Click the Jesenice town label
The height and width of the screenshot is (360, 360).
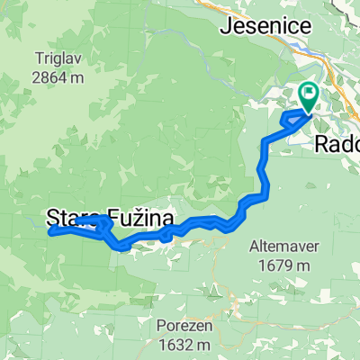point(265,26)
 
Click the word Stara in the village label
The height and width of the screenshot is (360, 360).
point(69,216)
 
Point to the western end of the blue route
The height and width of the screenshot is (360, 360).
point(49,231)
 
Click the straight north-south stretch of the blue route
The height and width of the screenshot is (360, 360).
point(261,166)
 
